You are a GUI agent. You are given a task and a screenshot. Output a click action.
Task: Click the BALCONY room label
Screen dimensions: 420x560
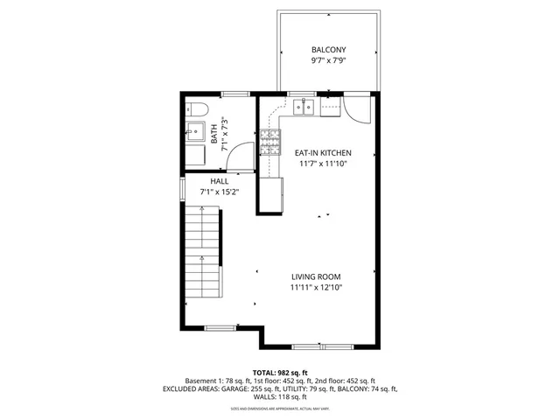328,50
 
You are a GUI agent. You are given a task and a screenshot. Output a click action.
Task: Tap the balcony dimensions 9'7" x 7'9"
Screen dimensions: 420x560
328,62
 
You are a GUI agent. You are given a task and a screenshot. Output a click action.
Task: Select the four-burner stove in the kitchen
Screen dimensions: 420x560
270,139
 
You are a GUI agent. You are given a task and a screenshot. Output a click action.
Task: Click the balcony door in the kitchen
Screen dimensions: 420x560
357,110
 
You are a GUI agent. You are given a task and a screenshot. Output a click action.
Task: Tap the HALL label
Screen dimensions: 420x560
219,181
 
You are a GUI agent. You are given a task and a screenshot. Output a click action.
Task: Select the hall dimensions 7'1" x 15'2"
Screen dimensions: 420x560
219,192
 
